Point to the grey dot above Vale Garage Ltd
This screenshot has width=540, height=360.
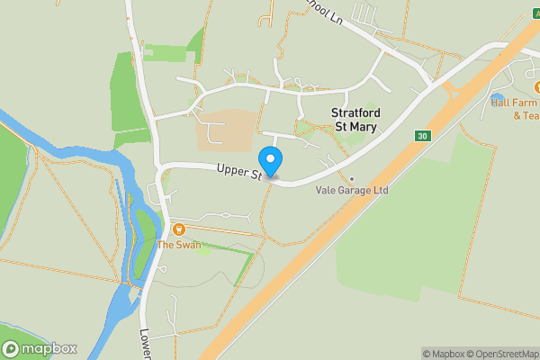coord(352,178)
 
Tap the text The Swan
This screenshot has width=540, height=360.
coord(179,245)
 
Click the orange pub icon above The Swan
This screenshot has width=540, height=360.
coord(179,230)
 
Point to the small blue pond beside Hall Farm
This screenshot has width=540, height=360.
coord(497,96)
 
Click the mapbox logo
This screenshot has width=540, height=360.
coord(40,349)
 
